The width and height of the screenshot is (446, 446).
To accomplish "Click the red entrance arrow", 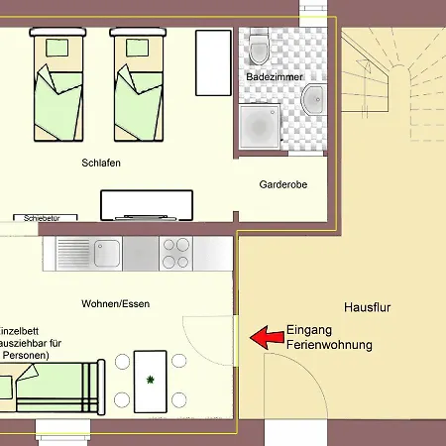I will [264, 338].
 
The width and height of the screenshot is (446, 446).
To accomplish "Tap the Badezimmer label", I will [275, 76].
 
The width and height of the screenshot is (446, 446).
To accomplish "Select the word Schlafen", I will [102, 164].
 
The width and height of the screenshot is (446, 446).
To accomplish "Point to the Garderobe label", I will [283, 184].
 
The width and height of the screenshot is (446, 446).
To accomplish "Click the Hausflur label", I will [368, 308].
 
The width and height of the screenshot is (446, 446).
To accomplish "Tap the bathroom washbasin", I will [314, 98].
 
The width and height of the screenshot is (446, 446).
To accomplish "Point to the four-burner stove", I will [175, 254].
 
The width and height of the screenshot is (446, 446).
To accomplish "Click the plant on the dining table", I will [151, 380].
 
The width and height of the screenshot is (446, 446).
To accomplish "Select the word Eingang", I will [309, 331].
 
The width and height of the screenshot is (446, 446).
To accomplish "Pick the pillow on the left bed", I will [55, 47].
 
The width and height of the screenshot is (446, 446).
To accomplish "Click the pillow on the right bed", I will [135, 47].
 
